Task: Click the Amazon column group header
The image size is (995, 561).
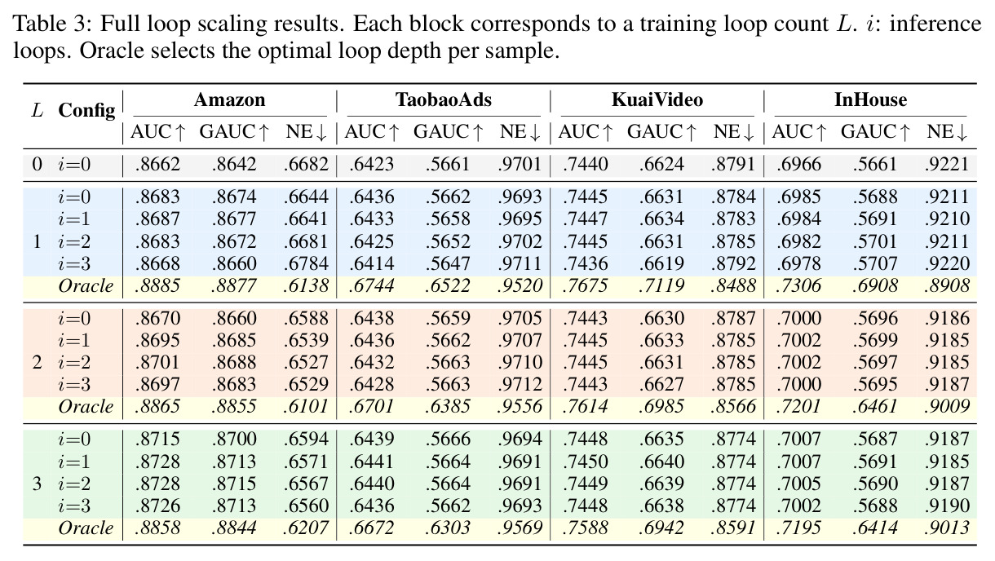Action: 229,100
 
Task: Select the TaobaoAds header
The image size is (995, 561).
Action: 444,100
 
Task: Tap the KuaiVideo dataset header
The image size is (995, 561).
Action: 657,100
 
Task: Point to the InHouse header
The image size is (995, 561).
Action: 871,100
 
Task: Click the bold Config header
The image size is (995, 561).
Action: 86,111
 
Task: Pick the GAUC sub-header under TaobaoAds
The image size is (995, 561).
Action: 448,132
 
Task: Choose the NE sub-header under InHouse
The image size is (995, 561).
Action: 947,132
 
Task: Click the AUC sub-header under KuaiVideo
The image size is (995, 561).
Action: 586,132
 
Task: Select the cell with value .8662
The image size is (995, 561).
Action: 157,165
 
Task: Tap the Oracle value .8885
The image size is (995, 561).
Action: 157,286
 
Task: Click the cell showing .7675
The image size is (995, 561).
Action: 585,286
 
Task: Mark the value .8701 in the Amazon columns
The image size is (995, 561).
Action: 157,363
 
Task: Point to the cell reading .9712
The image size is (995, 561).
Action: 520,385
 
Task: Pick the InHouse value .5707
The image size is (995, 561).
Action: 875,264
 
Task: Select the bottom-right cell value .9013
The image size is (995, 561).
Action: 947,528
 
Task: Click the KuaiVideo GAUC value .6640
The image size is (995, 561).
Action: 661,462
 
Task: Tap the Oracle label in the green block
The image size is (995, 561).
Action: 86,528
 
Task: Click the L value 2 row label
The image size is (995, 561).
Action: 38,363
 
